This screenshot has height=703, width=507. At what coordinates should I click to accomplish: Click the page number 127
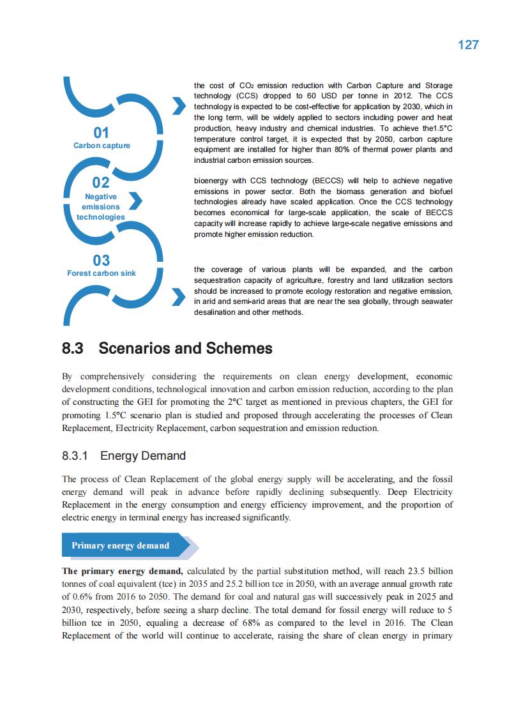point(468,45)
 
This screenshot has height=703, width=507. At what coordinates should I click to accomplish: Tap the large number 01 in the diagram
point(102,133)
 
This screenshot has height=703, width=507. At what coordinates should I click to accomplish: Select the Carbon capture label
point(102,146)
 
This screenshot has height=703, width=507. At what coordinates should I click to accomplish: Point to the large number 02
point(101,183)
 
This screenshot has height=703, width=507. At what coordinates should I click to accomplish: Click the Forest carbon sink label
point(102,273)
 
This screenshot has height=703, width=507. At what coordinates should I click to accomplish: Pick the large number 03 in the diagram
point(102,261)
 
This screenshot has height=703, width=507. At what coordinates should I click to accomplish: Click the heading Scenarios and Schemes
point(185,349)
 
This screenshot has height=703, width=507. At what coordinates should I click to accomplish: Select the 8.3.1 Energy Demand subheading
point(124,456)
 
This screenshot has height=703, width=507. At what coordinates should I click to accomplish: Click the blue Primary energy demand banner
point(121,545)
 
